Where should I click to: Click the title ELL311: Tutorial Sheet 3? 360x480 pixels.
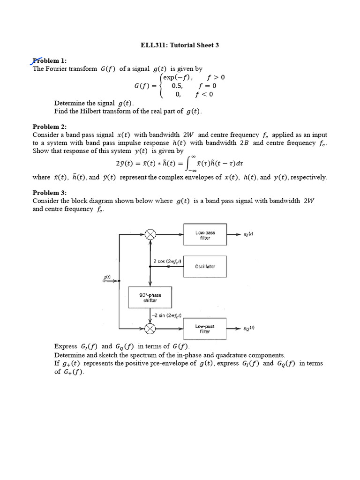click(x=180, y=45)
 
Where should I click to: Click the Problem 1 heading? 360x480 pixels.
click(x=50, y=60)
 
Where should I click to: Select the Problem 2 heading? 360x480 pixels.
click(x=50, y=127)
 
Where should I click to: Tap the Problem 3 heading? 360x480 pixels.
click(x=50, y=193)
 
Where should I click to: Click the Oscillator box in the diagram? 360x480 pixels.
click(x=205, y=266)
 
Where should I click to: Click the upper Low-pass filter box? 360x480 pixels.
click(x=205, y=235)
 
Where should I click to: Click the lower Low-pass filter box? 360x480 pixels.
click(x=205, y=328)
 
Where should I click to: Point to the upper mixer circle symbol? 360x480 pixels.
click(x=150, y=234)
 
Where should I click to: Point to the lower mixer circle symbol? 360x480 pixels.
click(x=150, y=329)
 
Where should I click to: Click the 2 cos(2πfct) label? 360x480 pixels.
click(x=167, y=261)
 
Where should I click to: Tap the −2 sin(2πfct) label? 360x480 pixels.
click(x=166, y=315)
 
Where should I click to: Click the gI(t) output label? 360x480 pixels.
click(x=248, y=234)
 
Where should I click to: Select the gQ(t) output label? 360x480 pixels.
click(x=249, y=328)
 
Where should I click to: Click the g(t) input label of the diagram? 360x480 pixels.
click(x=107, y=277)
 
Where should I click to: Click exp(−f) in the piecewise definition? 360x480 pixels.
click(x=178, y=77)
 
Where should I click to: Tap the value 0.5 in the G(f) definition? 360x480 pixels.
click(x=177, y=86)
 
